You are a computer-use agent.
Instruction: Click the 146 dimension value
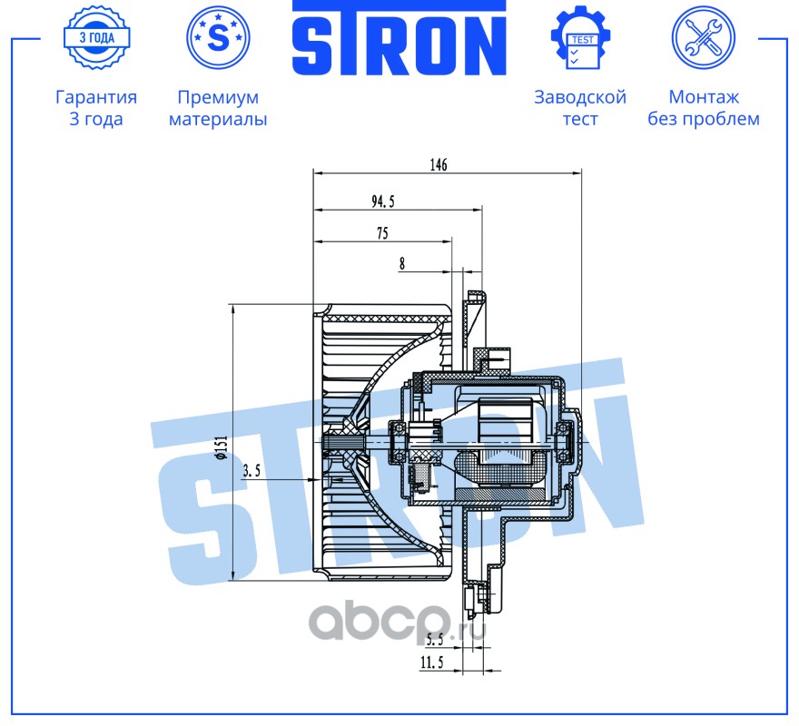(x=439, y=164)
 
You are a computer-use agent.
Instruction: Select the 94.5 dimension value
(x=382, y=201)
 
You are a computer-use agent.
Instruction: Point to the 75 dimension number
(x=382, y=233)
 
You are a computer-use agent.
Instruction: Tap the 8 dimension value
(x=402, y=264)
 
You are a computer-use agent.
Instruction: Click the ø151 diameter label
(x=222, y=448)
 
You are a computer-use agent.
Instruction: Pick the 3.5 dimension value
(x=252, y=471)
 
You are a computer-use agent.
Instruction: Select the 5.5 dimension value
(x=435, y=640)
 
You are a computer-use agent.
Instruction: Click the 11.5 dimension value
(x=431, y=662)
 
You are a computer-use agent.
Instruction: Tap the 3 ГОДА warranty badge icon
(x=96, y=38)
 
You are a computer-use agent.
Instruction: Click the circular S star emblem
(x=218, y=37)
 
